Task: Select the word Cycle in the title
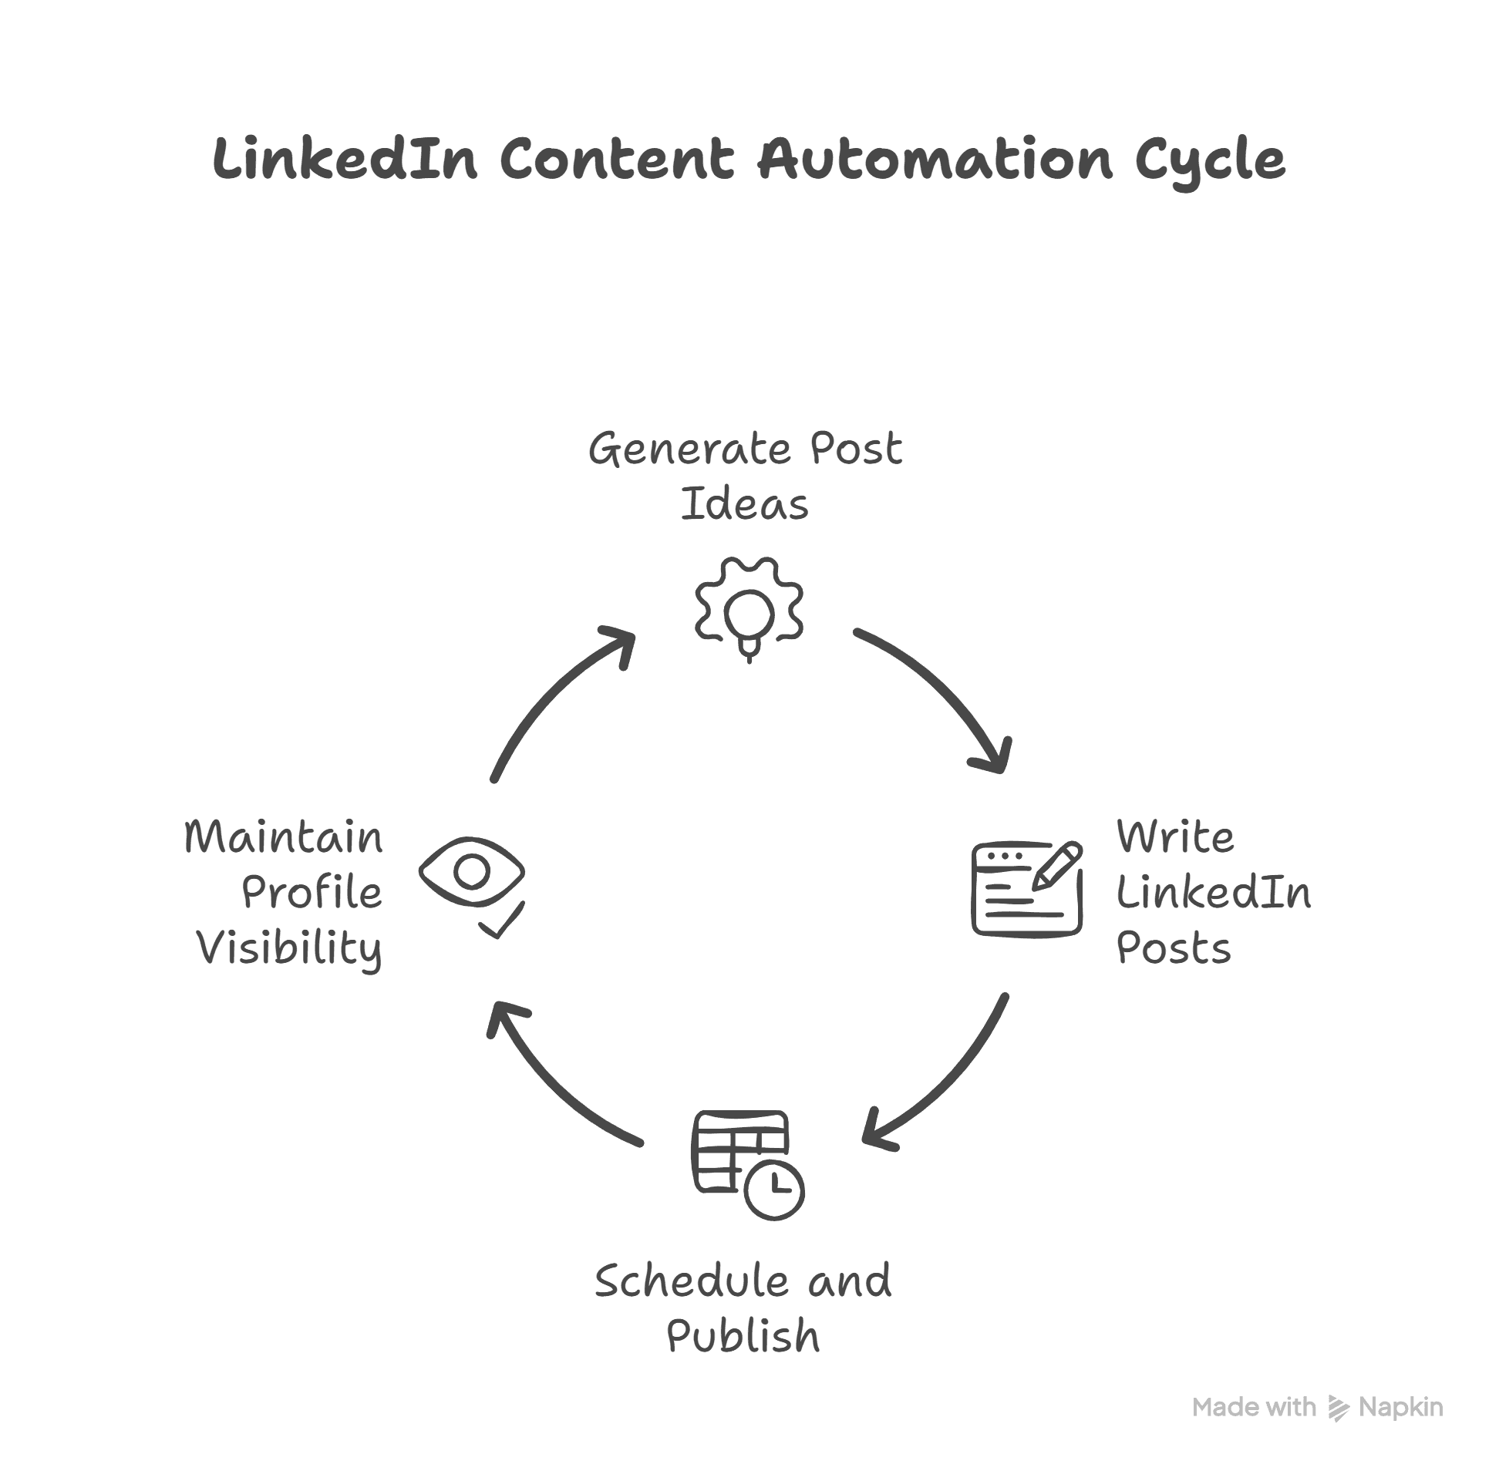pyautogui.click(x=1209, y=160)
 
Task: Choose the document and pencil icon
pyautogui.click(x=1026, y=888)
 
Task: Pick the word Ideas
pyautogui.click(x=744, y=504)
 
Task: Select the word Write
pyautogui.click(x=1175, y=836)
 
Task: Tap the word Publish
pyautogui.click(x=743, y=1336)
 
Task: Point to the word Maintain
pyautogui.click(x=284, y=836)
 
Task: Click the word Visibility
pyautogui.click(x=289, y=949)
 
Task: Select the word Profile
pyautogui.click(x=312, y=893)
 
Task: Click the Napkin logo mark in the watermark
pyautogui.click(x=1338, y=1408)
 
